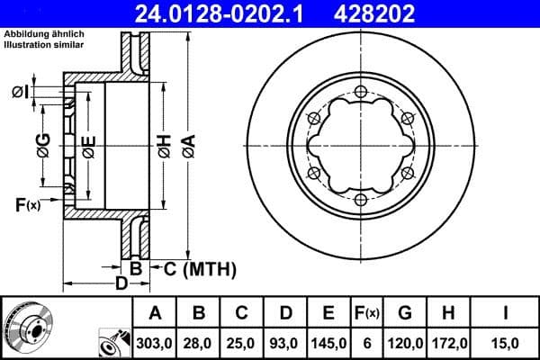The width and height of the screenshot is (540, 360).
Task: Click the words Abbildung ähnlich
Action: [x=44, y=33]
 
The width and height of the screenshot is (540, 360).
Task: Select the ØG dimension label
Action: [x=43, y=144]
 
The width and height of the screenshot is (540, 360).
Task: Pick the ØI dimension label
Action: [x=23, y=92]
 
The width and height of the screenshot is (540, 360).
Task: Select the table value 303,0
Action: [x=155, y=343]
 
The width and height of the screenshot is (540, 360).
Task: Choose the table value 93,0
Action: [x=285, y=343]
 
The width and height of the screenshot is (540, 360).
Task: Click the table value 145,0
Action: [x=328, y=343]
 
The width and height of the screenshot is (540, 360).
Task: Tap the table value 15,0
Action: [x=507, y=343]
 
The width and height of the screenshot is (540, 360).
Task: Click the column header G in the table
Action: [x=404, y=313]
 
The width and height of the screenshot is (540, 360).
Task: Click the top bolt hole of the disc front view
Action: [x=360, y=90]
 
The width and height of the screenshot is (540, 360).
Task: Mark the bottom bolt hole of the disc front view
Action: [x=360, y=199]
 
